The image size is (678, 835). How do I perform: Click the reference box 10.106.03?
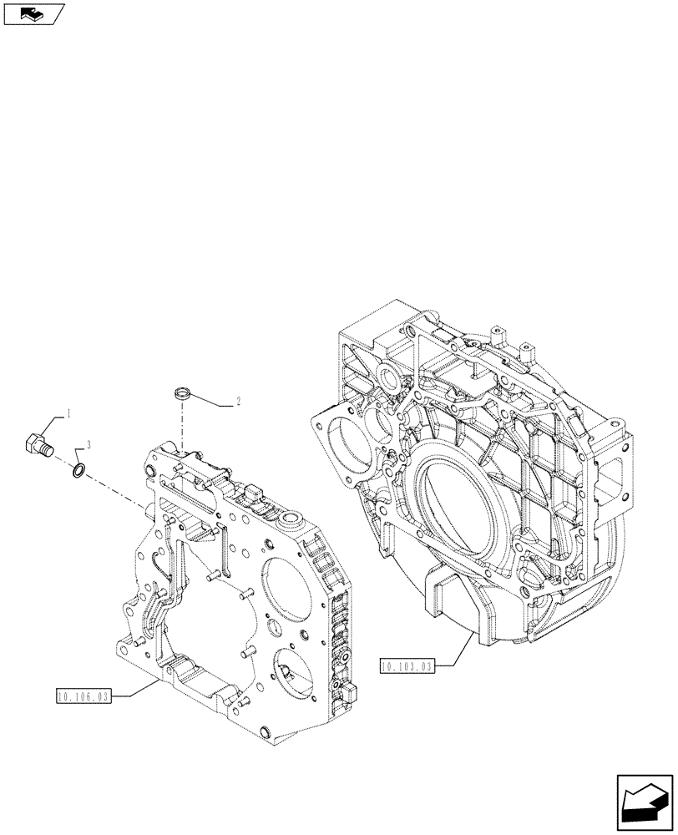coord(83,695)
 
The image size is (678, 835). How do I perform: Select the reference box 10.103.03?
coord(407,665)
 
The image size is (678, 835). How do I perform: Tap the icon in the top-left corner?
coord(33,13)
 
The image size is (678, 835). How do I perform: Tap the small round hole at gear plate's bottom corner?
coord(265,731)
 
